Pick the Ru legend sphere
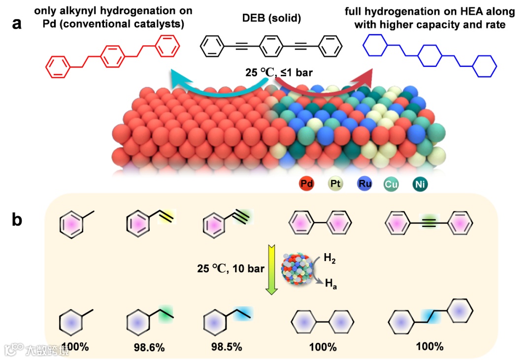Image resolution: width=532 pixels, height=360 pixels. [x=364, y=185]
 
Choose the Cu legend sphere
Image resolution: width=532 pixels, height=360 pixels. [x=392, y=185]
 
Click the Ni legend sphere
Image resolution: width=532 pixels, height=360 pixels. [x=420, y=185]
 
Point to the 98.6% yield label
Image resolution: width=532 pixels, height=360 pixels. [x=149, y=348]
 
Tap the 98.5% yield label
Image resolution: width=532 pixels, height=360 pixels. [x=226, y=347]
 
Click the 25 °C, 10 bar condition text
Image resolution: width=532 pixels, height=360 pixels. [x=227, y=269]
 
